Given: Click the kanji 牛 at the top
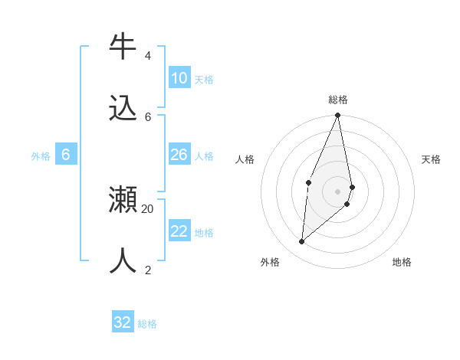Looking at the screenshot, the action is [x=123, y=47].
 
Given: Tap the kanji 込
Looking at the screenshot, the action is [x=123, y=108].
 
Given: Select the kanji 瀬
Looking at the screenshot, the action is [x=123, y=200].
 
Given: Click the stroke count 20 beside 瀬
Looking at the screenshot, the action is [x=148, y=208].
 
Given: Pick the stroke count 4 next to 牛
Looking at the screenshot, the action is [x=147, y=55].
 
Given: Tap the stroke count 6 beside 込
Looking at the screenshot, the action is [x=148, y=116].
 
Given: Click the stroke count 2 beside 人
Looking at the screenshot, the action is [x=147, y=270].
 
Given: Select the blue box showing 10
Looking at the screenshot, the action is [x=179, y=78].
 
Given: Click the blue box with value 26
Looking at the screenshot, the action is [x=179, y=155].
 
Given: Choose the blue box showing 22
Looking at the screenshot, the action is [x=179, y=231].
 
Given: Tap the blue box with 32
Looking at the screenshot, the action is [x=123, y=322].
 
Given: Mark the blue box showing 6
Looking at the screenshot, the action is [x=66, y=155].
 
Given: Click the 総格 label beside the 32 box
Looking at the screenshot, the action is [x=147, y=324].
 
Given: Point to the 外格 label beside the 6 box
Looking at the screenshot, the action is [x=41, y=156].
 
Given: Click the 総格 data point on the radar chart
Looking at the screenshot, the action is [x=337, y=116].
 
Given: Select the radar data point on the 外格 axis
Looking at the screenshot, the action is [x=302, y=241].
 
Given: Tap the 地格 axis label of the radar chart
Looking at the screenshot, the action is [x=402, y=262].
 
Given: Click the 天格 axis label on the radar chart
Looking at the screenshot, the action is [x=431, y=159].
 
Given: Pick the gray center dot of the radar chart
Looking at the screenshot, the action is [x=337, y=191].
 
